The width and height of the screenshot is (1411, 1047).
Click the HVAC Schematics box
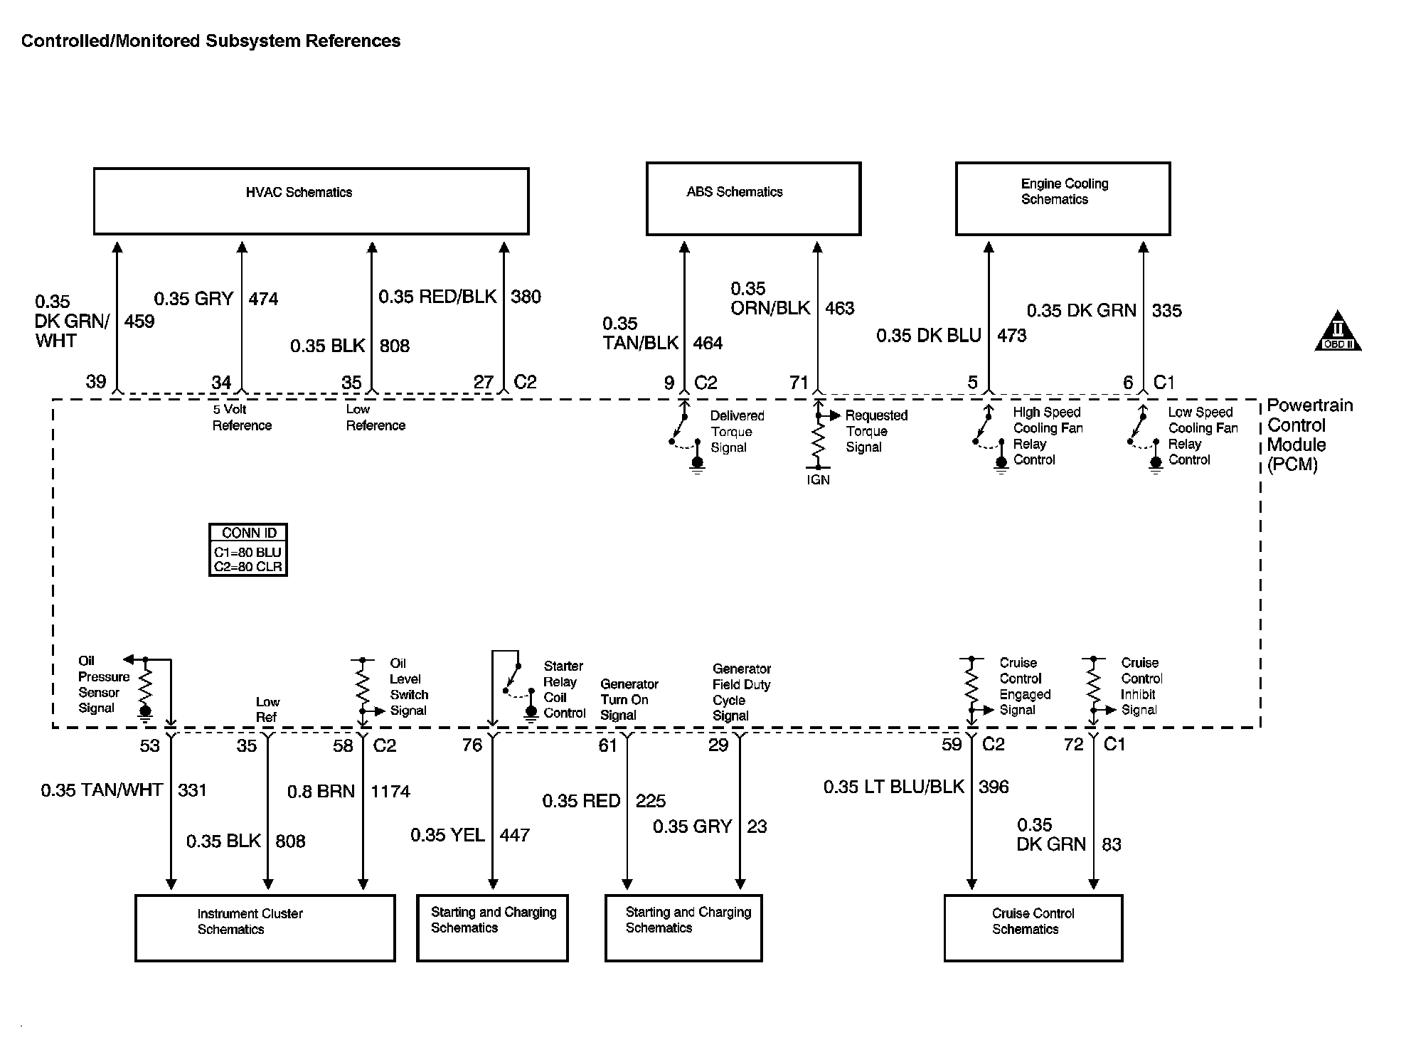311,201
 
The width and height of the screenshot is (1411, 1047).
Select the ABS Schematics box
753,199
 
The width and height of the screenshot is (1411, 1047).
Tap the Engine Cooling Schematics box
1063,199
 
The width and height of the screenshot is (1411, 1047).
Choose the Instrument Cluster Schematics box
265,928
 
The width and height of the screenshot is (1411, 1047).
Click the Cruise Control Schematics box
1033,928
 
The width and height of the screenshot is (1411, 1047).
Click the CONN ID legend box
248,550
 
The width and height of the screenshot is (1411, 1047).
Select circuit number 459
139,321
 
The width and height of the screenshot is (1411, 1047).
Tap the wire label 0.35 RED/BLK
437,297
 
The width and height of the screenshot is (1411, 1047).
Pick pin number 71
799,383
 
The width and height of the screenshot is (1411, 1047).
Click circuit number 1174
390,792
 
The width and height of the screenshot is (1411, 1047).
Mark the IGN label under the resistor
818,480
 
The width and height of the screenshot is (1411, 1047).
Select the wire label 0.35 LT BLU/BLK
894,787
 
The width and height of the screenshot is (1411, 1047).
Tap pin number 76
472,745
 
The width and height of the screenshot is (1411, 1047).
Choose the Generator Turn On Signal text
629,699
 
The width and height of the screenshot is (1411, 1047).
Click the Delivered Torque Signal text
737,432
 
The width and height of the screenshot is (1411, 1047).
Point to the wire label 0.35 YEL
447,835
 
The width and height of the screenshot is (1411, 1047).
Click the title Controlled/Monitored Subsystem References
211,41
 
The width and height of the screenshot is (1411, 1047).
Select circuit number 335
1167,311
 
